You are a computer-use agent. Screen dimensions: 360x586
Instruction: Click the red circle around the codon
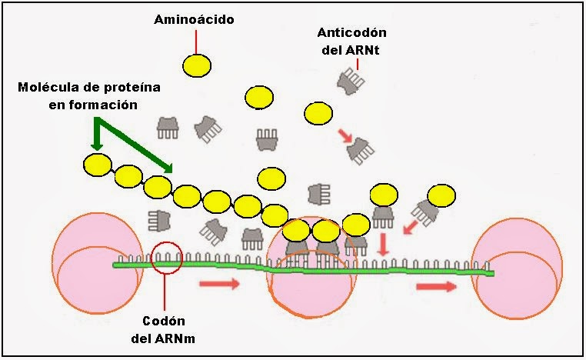[168, 258]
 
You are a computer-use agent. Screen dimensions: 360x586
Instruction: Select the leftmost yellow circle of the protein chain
[98, 165]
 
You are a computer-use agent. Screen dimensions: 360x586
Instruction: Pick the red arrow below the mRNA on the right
[436, 286]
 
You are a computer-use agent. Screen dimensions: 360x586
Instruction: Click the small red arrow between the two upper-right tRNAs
[345, 136]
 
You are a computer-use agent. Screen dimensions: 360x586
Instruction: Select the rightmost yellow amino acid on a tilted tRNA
[441, 195]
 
